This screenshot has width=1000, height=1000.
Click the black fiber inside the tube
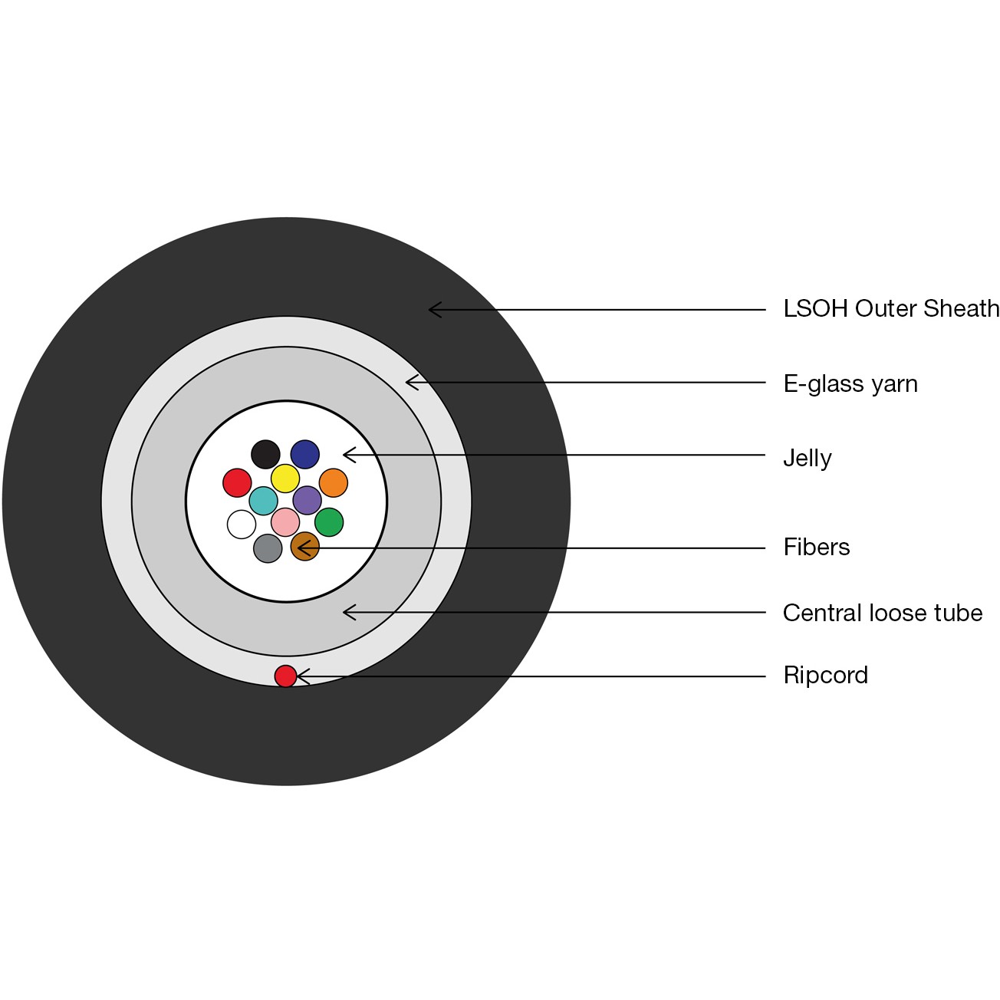(x=265, y=454)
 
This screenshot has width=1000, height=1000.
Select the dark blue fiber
(x=305, y=454)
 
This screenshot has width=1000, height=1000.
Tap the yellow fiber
(x=285, y=479)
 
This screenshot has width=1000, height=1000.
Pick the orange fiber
(x=334, y=483)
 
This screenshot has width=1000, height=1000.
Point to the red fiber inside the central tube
(x=237, y=483)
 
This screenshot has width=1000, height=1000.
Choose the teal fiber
(x=263, y=501)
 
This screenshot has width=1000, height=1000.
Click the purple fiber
(x=308, y=500)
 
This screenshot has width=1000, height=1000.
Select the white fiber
(x=242, y=525)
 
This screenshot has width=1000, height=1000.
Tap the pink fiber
(x=285, y=522)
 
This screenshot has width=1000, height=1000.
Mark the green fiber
(x=329, y=522)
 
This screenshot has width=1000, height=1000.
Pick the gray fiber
(x=268, y=548)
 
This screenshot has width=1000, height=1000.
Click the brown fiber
(x=304, y=547)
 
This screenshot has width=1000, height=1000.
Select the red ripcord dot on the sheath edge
(x=285, y=676)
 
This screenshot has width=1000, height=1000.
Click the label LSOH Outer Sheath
(x=890, y=309)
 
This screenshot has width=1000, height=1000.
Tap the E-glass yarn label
(x=850, y=383)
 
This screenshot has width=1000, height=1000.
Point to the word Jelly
(x=807, y=458)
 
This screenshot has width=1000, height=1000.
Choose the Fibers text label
(x=816, y=547)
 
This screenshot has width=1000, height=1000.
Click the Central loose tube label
(x=882, y=613)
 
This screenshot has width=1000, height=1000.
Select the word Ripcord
(x=825, y=676)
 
